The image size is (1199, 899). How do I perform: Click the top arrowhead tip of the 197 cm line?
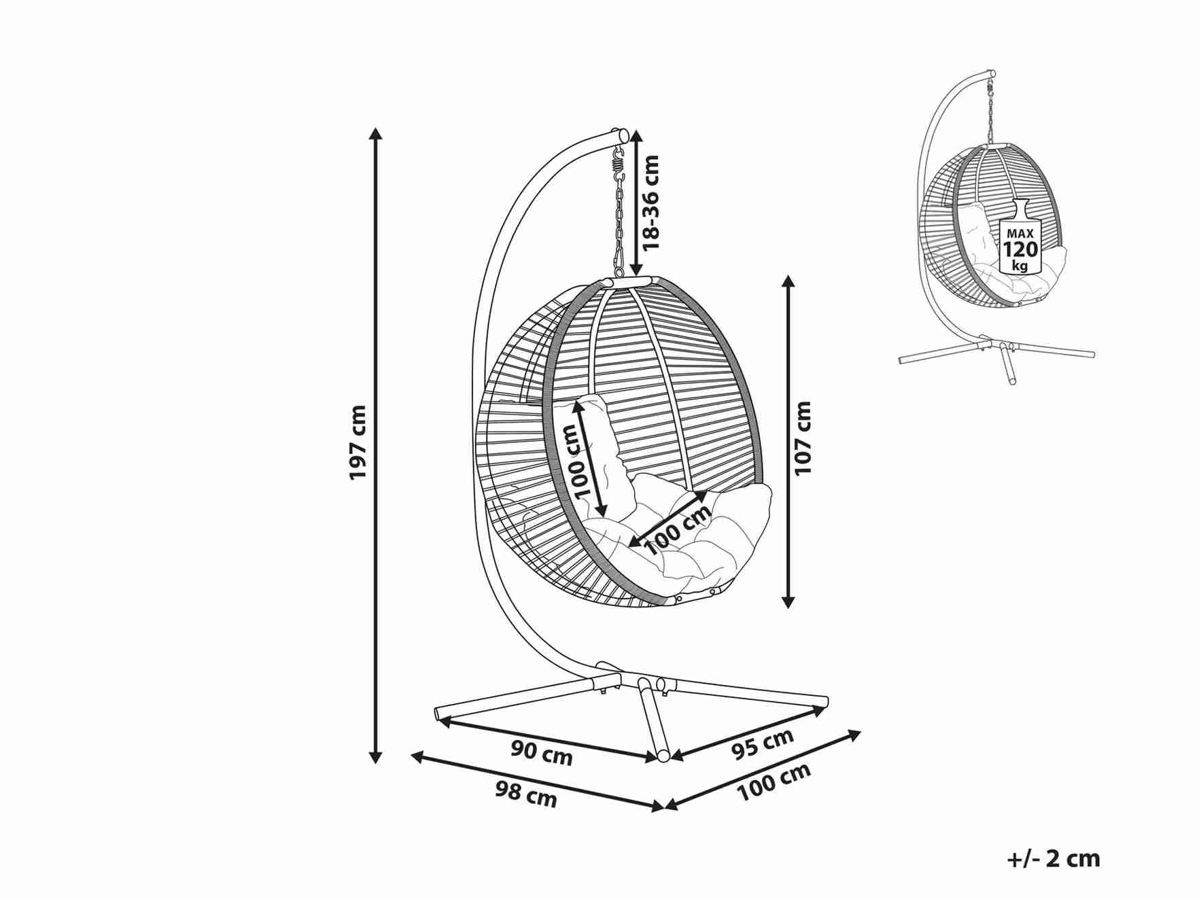pyautogui.click(x=375, y=127)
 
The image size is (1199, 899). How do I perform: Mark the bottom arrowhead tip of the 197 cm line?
pyautogui.click(x=375, y=764)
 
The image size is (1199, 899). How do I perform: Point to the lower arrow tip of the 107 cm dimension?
pyautogui.click(x=788, y=608)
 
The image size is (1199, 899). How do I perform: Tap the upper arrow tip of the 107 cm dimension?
pyautogui.click(x=788, y=275)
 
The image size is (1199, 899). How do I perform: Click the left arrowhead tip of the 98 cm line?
pyautogui.click(x=412, y=754)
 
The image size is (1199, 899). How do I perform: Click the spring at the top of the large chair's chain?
pyautogui.click(x=618, y=161)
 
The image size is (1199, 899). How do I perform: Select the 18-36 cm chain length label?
pyautogui.click(x=650, y=202)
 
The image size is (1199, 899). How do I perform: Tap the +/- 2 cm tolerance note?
pyautogui.click(x=1053, y=859)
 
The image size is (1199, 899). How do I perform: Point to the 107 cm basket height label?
pyautogui.click(x=803, y=438)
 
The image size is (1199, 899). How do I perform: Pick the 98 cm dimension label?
pyautogui.click(x=525, y=793)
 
